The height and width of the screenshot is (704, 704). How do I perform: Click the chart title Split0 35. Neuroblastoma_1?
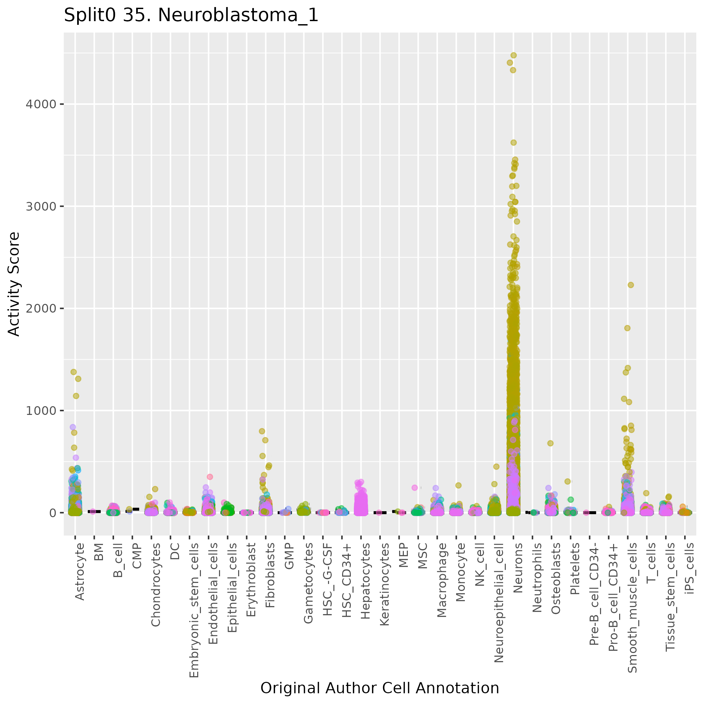[x=191, y=16]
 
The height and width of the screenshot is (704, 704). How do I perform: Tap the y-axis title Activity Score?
[x=14, y=284]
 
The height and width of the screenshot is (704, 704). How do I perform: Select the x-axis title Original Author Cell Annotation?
[x=379, y=688]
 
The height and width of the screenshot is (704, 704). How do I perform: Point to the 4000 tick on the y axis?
[x=41, y=104]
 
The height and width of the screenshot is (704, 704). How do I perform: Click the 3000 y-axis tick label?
[x=41, y=206]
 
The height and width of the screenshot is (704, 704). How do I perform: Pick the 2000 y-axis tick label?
[x=41, y=308]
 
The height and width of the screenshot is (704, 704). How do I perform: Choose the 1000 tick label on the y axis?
[x=41, y=411]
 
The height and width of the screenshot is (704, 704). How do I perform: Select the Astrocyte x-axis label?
[x=79, y=572]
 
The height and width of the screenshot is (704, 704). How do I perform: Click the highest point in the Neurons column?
[x=513, y=55]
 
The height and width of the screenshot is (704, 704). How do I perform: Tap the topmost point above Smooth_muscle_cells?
[x=631, y=285]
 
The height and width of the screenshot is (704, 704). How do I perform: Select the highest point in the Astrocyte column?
[x=73, y=372]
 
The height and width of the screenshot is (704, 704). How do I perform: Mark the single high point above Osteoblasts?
[x=550, y=443]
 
